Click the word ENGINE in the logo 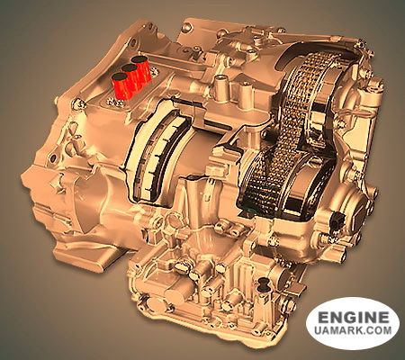click(x=353, y=317)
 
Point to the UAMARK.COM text click(x=353, y=330)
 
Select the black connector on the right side click(x=336, y=223)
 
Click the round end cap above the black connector click(x=355, y=197)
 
